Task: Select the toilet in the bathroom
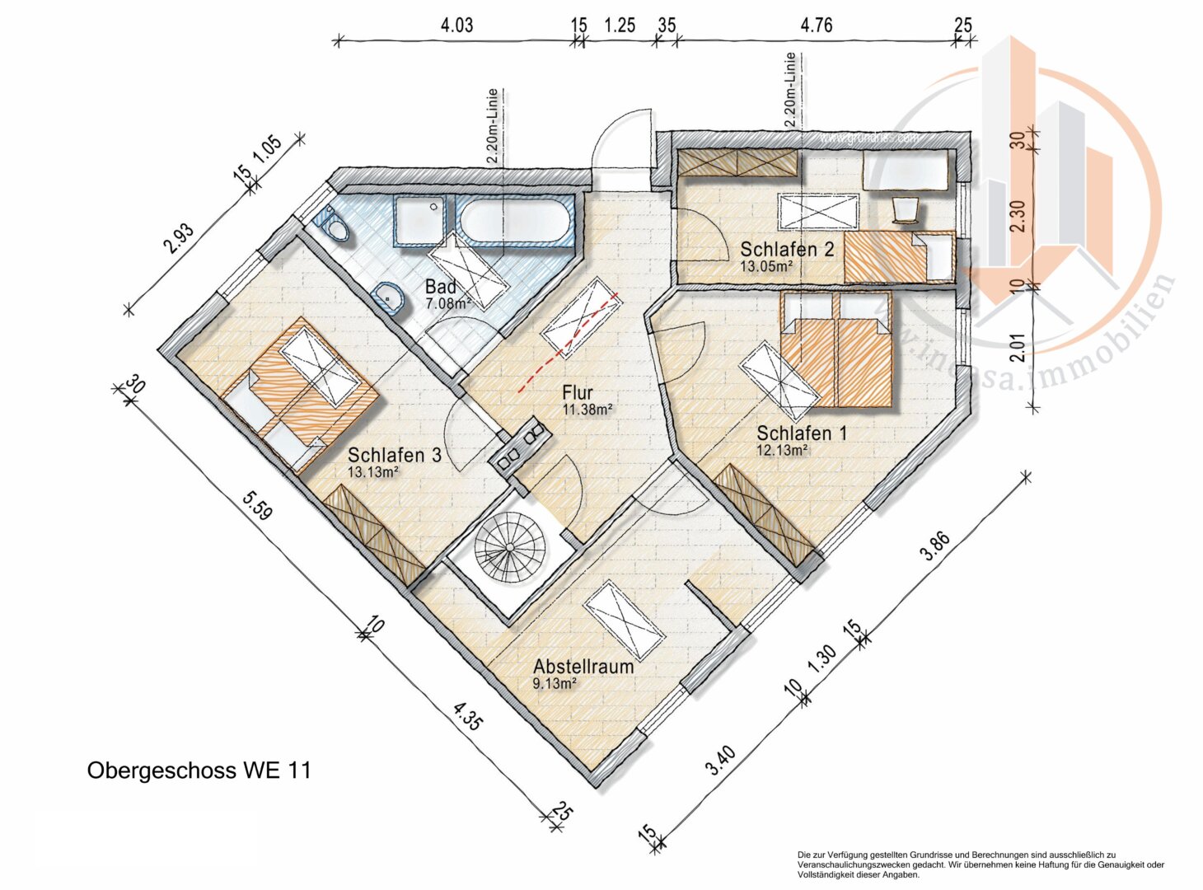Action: point(335,223)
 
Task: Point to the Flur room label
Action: point(578,393)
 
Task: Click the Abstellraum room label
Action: point(583,666)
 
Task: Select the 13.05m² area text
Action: point(766,266)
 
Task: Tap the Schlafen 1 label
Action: point(802,433)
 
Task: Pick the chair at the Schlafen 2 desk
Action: point(906,208)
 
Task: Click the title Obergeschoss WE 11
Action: point(199,771)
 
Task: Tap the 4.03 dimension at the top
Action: point(456,26)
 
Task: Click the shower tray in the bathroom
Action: point(420,221)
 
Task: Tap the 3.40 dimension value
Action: point(720,764)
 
